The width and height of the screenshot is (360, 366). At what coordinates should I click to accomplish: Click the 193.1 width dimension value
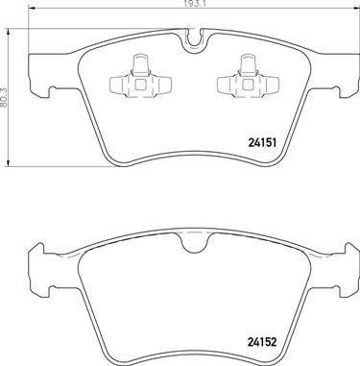196,6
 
